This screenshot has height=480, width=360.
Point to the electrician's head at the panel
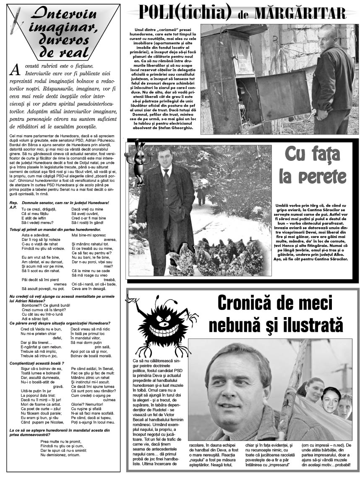(328, 36)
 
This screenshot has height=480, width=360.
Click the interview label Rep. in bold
(13, 203)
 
